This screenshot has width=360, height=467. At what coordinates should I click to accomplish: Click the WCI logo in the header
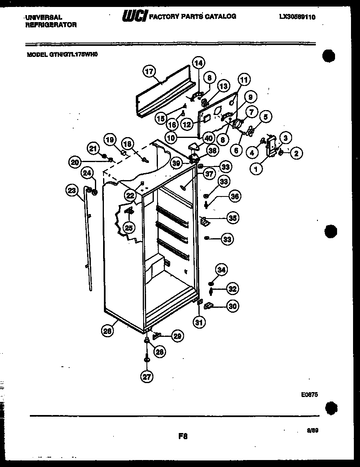(x=134, y=17)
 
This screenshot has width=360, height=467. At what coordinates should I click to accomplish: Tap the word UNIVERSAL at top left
(x=43, y=18)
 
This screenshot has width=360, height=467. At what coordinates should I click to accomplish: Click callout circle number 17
(x=149, y=71)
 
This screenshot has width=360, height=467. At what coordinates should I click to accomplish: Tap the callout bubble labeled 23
(x=73, y=190)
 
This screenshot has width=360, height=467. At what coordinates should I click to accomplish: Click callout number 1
(x=257, y=168)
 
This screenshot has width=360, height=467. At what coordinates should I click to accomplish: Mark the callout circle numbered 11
(x=244, y=80)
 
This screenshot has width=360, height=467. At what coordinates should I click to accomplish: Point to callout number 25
(x=129, y=228)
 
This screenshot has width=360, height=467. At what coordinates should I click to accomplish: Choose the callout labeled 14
(x=198, y=63)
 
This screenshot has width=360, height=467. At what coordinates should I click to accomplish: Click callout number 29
(x=177, y=336)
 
